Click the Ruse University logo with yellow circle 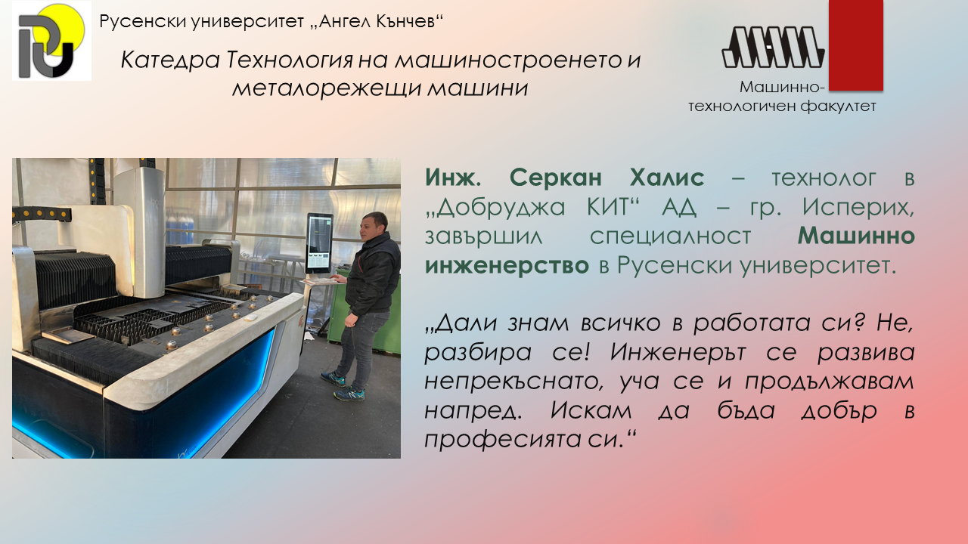(x=52, y=41)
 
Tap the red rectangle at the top (x=855, y=45)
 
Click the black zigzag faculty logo (x=774, y=47)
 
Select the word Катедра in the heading (x=170, y=60)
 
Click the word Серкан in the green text (x=556, y=177)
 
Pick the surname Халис (x=667, y=177)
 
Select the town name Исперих (x=858, y=208)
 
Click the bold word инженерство (x=507, y=265)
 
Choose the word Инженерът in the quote (x=678, y=353)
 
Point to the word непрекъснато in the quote (x=513, y=382)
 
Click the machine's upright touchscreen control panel (x=319, y=243)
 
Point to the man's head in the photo (x=374, y=225)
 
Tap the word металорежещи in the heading (x=326, y=88)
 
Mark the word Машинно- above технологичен (x=782, y=87)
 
